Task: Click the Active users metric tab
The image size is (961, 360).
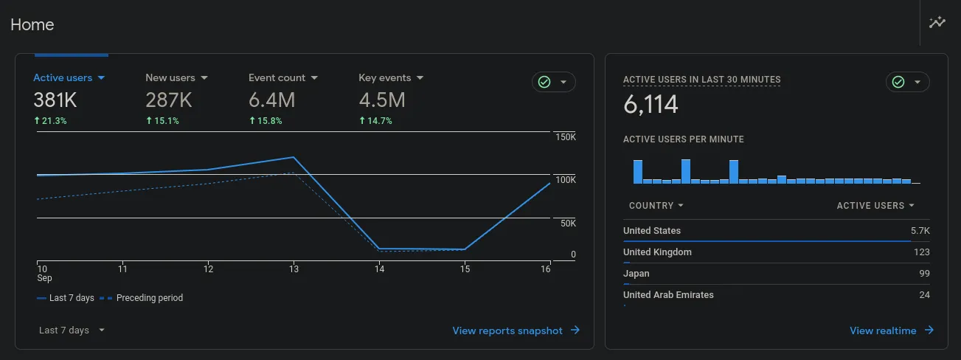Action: pos(69,77)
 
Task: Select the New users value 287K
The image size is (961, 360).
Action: pos(168,100)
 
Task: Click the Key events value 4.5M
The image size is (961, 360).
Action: pos(381,100)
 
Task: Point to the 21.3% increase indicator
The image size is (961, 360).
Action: pos(50,121)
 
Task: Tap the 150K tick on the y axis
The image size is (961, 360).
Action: pos(566,137)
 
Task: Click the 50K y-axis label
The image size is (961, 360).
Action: pos(568,223)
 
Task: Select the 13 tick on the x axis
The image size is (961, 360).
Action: pos(294,269)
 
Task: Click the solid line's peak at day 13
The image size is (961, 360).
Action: pos(294,157)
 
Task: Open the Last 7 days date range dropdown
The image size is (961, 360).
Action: pos(72,330)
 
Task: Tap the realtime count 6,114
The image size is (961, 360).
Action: pos(651,105)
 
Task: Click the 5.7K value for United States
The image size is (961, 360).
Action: pos(920,231)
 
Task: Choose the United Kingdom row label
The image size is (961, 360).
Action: pos(657,252)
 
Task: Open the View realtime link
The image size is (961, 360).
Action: pos(891,330)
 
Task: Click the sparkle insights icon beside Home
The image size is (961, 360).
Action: pos(937,23)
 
